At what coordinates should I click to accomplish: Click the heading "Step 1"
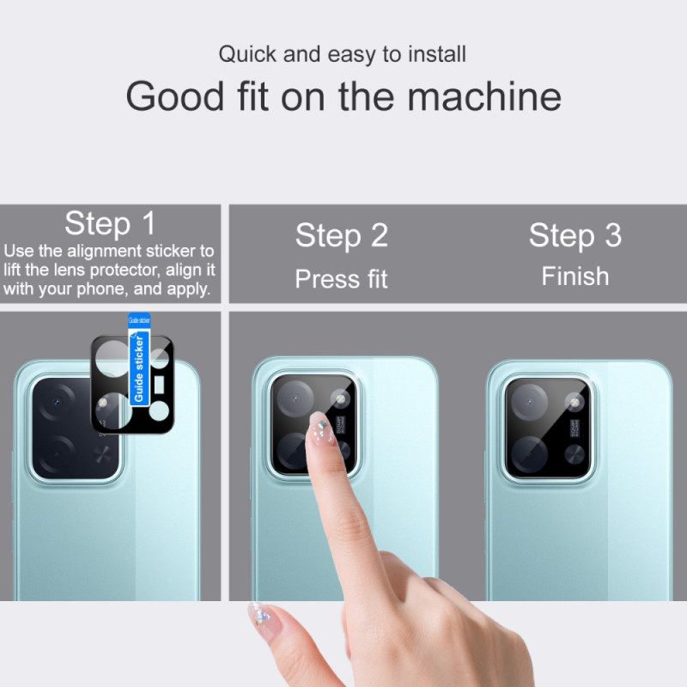[110, 224]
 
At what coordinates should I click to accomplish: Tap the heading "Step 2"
[342, 235]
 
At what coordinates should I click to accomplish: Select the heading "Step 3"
[575, 235]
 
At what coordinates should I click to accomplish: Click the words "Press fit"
[342, 279]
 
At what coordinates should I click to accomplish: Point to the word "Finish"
[575, 277]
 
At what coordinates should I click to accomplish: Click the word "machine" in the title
[484, 96]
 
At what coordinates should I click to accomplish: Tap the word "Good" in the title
[175, 96]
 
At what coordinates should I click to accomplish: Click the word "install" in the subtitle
[435, 54]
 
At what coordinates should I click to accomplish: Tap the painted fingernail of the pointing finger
[321, 428]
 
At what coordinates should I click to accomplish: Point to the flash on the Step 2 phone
[341, 398]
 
